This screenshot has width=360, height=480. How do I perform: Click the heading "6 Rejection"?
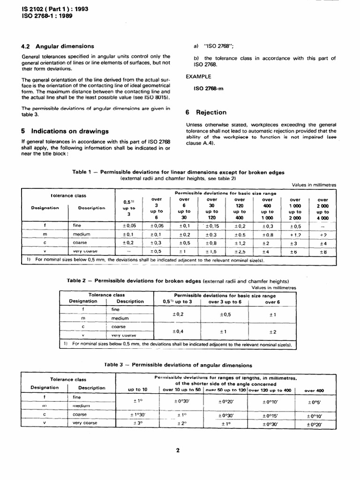click(x=206, y=112)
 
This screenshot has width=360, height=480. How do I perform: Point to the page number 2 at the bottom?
click(x=178, y=450)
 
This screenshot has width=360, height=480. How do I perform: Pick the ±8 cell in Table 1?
click(x=322, y=252)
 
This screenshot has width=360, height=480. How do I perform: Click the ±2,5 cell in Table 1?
click(x=239, y=252)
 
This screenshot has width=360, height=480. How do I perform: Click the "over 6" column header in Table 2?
click(x=272, y=302)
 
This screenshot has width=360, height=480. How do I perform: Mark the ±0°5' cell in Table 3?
click(x=315, y=402)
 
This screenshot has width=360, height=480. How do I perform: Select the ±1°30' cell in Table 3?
click(x=138, y=414)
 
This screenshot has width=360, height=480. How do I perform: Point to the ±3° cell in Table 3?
click(x=138, y=423)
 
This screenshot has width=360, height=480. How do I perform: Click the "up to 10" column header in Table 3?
click(x=138, y=390)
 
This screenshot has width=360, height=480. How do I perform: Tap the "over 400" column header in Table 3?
click(x=314, y=390)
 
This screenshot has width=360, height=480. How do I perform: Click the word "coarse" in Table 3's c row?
click(x=80, y=414)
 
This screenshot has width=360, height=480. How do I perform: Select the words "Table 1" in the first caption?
click(x=82, y=172)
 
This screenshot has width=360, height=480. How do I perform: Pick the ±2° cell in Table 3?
click(x=182, y=423)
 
